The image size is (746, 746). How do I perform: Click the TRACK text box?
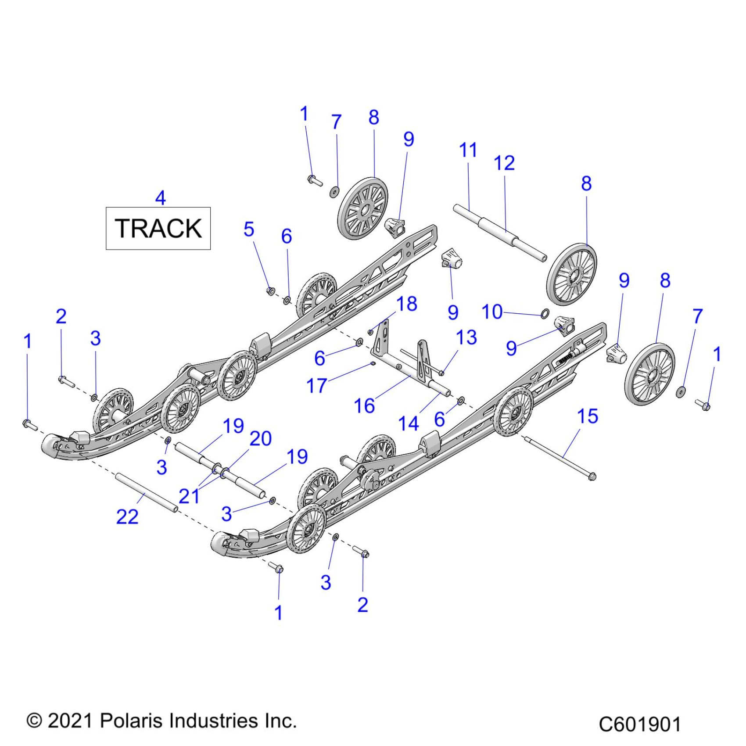coord(158,228)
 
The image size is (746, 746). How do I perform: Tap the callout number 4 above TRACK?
coord(161,198)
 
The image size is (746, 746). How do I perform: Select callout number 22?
coord(127,517)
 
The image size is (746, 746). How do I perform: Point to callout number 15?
coord(588,416)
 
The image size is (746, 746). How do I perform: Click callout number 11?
coord(468,150)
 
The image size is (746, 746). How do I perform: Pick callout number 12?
coord(504,163)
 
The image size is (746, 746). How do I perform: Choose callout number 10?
coord(492,312)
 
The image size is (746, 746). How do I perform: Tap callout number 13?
coord(466,337)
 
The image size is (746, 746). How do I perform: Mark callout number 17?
coord(316,386)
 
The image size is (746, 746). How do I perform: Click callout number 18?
coord(406,304)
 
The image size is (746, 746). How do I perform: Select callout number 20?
coord(261,438)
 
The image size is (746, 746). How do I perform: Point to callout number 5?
coord(249,229)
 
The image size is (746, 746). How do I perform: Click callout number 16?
coord(364,406)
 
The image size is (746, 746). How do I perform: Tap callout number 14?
coord(409,423)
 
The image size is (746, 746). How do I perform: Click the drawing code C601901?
coord(639,724)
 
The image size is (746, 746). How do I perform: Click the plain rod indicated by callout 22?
coord(146,492)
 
